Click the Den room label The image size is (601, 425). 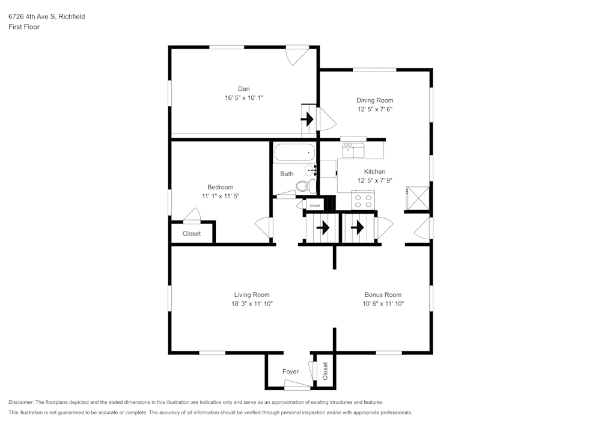tap(243, 88)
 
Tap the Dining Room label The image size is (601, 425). tap(374, 100)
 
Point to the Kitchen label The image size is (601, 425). tap(374, 171)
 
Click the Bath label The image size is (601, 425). tap(287, 174)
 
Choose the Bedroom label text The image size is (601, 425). tap(220, 187)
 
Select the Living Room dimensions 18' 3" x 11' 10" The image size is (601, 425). tap(252, 304)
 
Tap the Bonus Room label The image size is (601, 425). tap(383, 295)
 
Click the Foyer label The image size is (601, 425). tap(290, 371)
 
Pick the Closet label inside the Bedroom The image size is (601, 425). tap(192, 233)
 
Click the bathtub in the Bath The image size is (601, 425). tap(294, 153)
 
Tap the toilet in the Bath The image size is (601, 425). tap(307, 186)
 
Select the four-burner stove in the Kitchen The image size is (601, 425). tap(364, 200)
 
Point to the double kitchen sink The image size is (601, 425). tap(354, 148)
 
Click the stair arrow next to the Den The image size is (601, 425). tap(308, 120)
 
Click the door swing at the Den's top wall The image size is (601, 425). tap(297, 55)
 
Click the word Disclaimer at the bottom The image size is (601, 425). tap(21, 402)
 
